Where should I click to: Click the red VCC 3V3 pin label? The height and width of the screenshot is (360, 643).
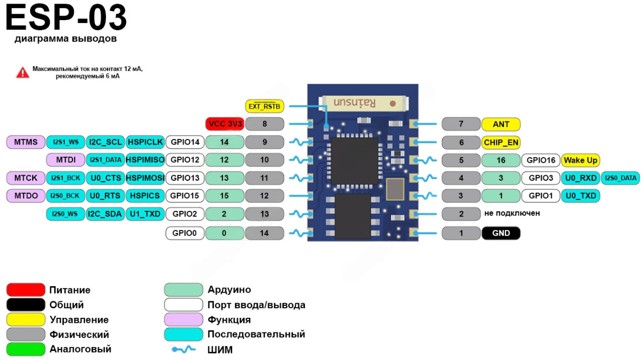point(225,124)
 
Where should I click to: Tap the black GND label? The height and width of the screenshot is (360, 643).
point(501,233)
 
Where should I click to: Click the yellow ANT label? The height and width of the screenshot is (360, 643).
point(501,124)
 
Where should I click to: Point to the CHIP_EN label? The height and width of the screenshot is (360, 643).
point(501,143)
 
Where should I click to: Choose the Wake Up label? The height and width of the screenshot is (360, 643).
point(581,161)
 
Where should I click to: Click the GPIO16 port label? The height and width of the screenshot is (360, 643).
point(541,161)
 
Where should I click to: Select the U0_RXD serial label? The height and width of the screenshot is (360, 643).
point(581,178)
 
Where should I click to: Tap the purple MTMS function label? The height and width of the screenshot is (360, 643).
point(26,142)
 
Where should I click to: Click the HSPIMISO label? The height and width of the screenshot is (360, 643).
point(145,160)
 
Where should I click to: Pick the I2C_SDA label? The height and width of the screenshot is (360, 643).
point(105,214)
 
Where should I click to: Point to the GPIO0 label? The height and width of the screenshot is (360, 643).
point(185,233)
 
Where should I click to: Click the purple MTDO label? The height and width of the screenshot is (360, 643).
point(26,196)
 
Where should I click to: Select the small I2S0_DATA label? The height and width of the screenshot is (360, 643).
point(621,178)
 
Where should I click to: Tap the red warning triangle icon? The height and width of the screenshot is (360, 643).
point(23,72)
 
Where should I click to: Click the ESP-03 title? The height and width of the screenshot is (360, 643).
point(66,19)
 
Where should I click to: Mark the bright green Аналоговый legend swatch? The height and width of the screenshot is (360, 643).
point(26,348)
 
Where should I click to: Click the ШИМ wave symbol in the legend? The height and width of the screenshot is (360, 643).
point(183,349)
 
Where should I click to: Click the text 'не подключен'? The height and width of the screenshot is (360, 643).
point(512,213)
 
